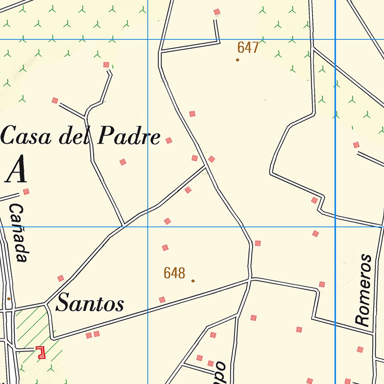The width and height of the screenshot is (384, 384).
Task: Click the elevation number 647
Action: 248,48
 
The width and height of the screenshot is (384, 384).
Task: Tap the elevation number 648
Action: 174,273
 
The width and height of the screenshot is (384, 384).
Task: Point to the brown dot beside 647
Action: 237,60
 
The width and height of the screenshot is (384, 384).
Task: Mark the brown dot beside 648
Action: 193,280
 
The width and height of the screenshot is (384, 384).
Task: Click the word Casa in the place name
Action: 28,136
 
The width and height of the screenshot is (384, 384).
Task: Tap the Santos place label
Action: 90,303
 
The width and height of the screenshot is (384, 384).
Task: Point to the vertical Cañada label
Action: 18,232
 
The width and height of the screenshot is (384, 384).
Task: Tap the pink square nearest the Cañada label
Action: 26,192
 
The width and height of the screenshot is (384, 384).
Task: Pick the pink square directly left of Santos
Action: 60,278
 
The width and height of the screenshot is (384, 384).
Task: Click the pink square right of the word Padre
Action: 169,141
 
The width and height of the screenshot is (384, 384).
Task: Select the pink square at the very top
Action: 216,12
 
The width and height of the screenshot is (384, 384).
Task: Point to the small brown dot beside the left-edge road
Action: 9,298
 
